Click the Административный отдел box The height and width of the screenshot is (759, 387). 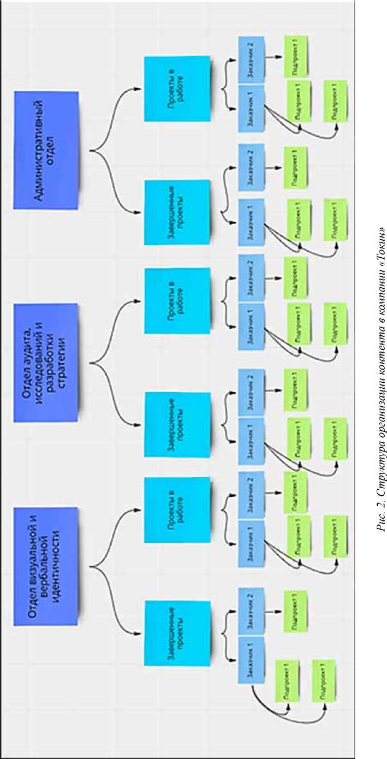(46, 150)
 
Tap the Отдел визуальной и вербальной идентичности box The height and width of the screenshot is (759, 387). (46, 566)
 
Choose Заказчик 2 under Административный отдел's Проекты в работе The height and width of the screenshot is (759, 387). (252, 60)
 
